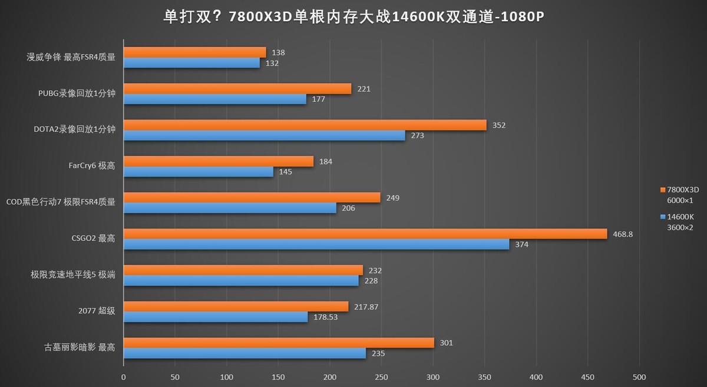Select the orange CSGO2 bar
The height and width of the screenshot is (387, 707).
(x=365, y=234)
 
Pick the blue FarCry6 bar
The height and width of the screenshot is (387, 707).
(x=199, y=172)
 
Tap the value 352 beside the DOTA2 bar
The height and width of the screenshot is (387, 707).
(x=499, y=125)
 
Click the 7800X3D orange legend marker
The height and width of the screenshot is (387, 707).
(x=663, y=190)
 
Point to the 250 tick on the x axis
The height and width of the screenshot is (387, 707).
(x=381, y=377)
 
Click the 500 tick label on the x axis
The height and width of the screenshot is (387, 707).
(x=639, y=377)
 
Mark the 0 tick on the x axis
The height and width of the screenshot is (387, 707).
(x=124, y=377)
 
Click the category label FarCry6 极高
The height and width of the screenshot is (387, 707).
(x=91, y=166)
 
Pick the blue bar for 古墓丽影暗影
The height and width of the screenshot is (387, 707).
(x=245, y=353)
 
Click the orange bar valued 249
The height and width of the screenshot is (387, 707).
(x=252, y=197)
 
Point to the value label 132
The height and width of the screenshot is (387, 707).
(x=272, y=63)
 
